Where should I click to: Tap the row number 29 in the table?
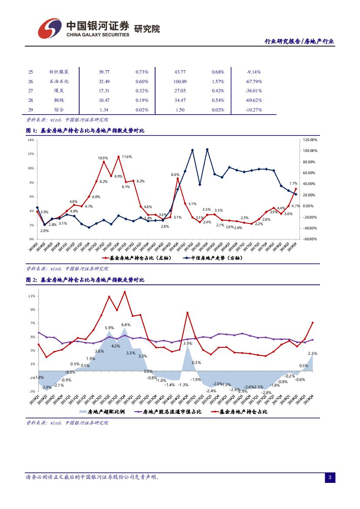[x=30, y=110]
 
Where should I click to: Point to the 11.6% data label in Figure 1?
[x=127, y=157]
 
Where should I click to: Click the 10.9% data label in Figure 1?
[x=103, y=158]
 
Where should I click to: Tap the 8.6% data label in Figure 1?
[x=175, y=174]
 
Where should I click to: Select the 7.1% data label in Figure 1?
[x=293, y=184]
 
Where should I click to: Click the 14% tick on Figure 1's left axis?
[x=30, y=140]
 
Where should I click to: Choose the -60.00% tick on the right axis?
[x=310, y=239]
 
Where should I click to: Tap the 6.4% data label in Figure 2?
[x=126, y=325]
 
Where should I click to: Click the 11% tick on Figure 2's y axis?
[x=31, y=296]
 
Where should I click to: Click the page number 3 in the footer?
[x=330, y=478]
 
